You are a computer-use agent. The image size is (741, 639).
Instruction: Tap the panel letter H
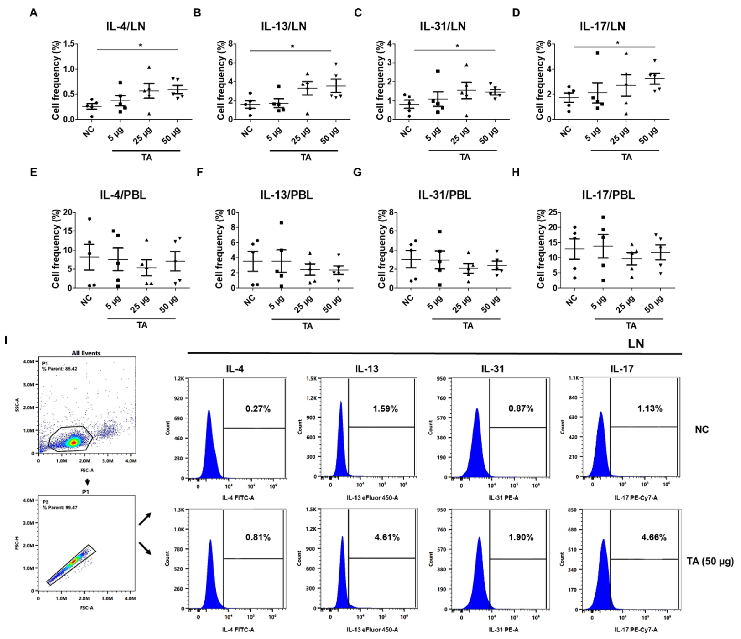click(515, 172)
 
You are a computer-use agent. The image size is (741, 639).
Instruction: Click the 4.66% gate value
click(654, 537)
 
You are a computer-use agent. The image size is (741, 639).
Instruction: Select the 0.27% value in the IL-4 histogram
click(258, 409)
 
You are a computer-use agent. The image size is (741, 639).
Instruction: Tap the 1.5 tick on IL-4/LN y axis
click(69, 44)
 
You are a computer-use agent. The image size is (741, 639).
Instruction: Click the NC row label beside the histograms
click(702, 429)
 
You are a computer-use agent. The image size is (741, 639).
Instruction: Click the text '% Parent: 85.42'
click(59, 368)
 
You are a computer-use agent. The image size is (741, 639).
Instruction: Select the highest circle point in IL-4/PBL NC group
click(89, 219)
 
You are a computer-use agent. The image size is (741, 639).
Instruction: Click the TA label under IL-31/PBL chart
click(468, 326)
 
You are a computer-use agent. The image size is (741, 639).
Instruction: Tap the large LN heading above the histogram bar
click(636, 344)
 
